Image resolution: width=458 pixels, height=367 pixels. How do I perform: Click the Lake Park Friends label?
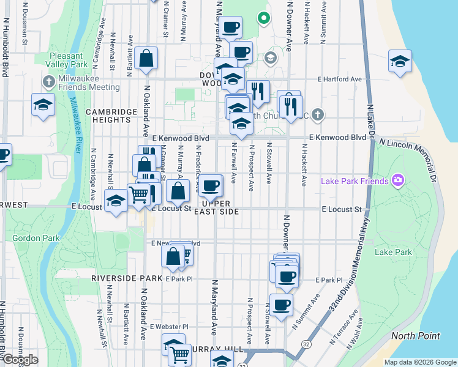tap(355, 181)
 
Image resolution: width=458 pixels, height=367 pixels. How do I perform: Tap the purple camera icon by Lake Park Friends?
tap(398, 180)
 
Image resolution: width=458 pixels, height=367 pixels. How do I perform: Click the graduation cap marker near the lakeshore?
tap(400, 61)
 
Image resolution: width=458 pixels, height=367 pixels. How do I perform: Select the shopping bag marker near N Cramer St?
tap(147, 59)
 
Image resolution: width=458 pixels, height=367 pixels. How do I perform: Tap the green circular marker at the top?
tap(264, 18)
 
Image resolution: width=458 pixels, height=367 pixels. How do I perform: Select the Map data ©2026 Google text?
tap(419, 362)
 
